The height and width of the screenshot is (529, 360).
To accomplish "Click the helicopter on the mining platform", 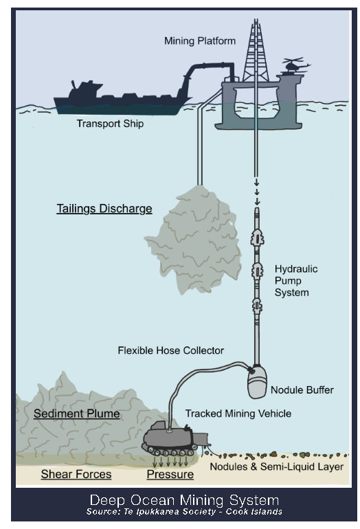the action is pyautogui.click(x=295, y=65).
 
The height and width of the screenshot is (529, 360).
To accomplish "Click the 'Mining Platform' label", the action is pyautogui.click(x=200, y=41).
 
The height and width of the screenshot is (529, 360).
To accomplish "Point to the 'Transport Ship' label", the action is pyautogui.click(x=110, y=124).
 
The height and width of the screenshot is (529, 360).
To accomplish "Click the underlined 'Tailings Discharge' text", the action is pyautogui.click(x=104, y=208).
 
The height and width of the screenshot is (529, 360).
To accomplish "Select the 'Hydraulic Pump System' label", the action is pyautogui.click(x=296, y=280).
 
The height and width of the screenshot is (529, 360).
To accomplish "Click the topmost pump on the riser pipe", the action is pyautogui.click(x=257, y=238).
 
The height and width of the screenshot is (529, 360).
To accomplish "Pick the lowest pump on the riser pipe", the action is pyautogui.click(x=257, y=306).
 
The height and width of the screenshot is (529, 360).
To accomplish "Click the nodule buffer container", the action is pyautogui.click(x=257, y=382).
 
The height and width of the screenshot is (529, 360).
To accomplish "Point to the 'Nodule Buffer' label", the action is pyautogui.click(x=302, y=390).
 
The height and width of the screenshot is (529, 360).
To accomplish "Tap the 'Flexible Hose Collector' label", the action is pyautogui.click(x=170, y=350).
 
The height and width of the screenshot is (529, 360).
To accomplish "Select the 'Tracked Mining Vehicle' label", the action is pyautogui.click(x=238, y=414).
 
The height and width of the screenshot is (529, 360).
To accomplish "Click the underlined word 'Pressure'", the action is pyautogui.click(x=170, y=474).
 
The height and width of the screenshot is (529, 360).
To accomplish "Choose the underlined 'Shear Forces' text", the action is pyautogui.click(x=76, y=474).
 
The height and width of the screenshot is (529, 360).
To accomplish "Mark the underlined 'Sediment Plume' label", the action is pyautogui.click(x=76, y=414).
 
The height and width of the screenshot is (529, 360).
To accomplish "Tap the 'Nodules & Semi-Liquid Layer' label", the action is pyautogui.click(x=277, y=466).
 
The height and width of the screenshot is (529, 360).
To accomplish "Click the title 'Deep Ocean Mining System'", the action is pyautogui.click(x=184, y=500).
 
